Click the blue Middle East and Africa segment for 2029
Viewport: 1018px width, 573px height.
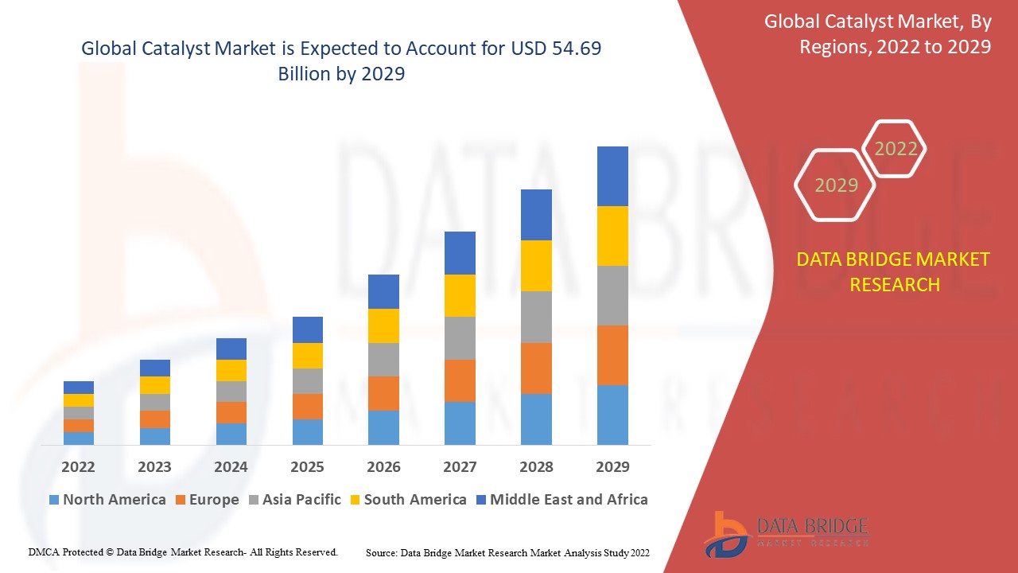(x=612, y=176)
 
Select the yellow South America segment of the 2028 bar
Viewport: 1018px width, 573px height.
(x=536, y=266)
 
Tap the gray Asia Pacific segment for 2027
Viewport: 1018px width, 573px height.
(x=460, y=338)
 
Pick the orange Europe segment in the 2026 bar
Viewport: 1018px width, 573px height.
(x=383, y=393)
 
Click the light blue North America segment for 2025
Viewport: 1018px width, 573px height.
(x=308, y=431)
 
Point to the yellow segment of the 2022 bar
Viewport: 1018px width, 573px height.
(x=79, y=400)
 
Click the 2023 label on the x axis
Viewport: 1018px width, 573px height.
(x=154, y=466)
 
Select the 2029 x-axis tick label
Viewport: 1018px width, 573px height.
(x=612, y=466)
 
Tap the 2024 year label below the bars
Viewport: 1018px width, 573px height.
(x=231, y=466)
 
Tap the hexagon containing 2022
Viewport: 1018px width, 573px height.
(x=896, y=149)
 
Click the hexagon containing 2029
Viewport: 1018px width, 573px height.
(x=836, y=185)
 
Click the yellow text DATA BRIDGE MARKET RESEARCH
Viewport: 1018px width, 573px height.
(x=894, y=271)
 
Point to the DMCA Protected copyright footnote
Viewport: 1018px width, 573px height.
(x=183, y=552)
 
